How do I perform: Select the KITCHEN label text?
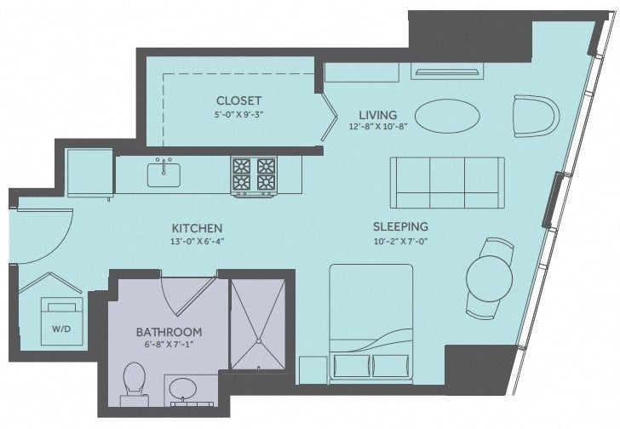[x=197, y=228]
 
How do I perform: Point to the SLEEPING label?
[x=399, y=226]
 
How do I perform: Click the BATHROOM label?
[x=169, y=331]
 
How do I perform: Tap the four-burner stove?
[x=254, y=174]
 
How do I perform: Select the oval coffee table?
[x=445, y=116]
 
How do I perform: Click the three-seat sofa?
[x=446, y=178]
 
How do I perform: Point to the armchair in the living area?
[x=534, y=116]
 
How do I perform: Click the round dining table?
[x=489, y=276]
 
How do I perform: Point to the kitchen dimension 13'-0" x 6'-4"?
[x=197, y=242]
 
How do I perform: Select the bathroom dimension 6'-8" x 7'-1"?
[x=169, y=345]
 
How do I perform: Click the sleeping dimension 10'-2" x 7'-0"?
[x=399, y=241]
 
